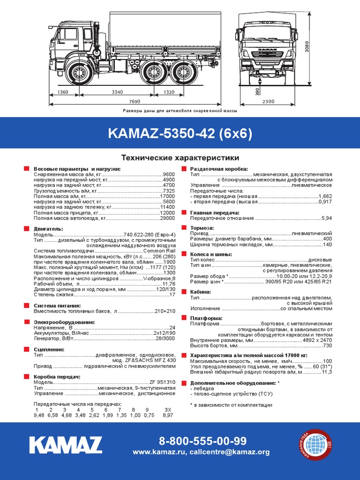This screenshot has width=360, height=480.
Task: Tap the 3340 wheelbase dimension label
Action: click(117, 92)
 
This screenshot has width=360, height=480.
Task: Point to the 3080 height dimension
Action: click(307, 46)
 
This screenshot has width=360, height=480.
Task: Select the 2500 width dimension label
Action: click(269, 102)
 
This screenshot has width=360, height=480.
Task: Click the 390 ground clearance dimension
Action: click(257, 91)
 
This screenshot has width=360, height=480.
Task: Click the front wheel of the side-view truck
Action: click(79, 72)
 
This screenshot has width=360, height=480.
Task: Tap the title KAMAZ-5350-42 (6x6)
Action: click(180, 133)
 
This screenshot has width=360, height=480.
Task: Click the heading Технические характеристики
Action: click(180, 157)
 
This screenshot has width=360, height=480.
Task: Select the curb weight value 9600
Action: click(169, 174)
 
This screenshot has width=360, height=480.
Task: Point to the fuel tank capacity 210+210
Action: click(165, 311)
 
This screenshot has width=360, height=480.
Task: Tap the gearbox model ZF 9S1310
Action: click(163, 382)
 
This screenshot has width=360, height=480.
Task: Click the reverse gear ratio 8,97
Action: click(168, 415)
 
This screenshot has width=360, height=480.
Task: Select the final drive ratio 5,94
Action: click(327, 218)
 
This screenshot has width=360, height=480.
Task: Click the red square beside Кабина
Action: click(184, 292)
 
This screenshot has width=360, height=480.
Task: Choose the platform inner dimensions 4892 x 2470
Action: click(317, 340)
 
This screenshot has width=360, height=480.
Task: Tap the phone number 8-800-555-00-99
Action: click(202, 441)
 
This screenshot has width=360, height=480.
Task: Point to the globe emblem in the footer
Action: click(315, 444)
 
